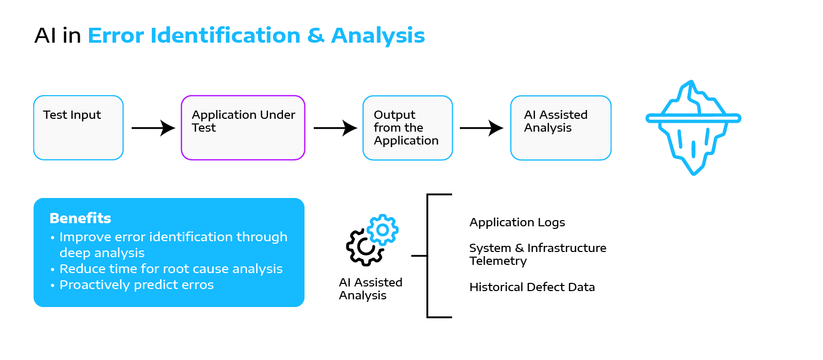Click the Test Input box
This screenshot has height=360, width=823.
pos(78,128)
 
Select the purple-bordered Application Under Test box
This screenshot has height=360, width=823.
pos(243,128)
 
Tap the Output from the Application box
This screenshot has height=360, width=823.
pos(407,128)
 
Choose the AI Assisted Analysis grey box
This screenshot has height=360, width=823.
pos(561,128)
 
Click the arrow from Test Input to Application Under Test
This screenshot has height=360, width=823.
pos(153,128)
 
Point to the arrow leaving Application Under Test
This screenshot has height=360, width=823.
pos(335,128)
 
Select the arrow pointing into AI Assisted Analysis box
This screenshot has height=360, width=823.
pos(481,128)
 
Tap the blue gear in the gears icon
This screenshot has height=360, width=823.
pos(383,229)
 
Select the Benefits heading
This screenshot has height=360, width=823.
pos(80,218)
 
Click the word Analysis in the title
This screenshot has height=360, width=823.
pos(378,36)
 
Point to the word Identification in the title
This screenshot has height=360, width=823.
pos(225,36)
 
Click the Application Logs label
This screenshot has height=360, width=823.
pos(517,223)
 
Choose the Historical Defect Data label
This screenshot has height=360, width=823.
pos(532,287)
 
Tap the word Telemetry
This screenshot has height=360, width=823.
pos(498,261)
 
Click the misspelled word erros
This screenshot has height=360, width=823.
pos(194,285)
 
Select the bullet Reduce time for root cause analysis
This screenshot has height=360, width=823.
pos(171,269)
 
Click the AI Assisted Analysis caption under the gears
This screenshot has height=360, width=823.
pos(370,289)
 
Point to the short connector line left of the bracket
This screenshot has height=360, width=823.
pos(419,255)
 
